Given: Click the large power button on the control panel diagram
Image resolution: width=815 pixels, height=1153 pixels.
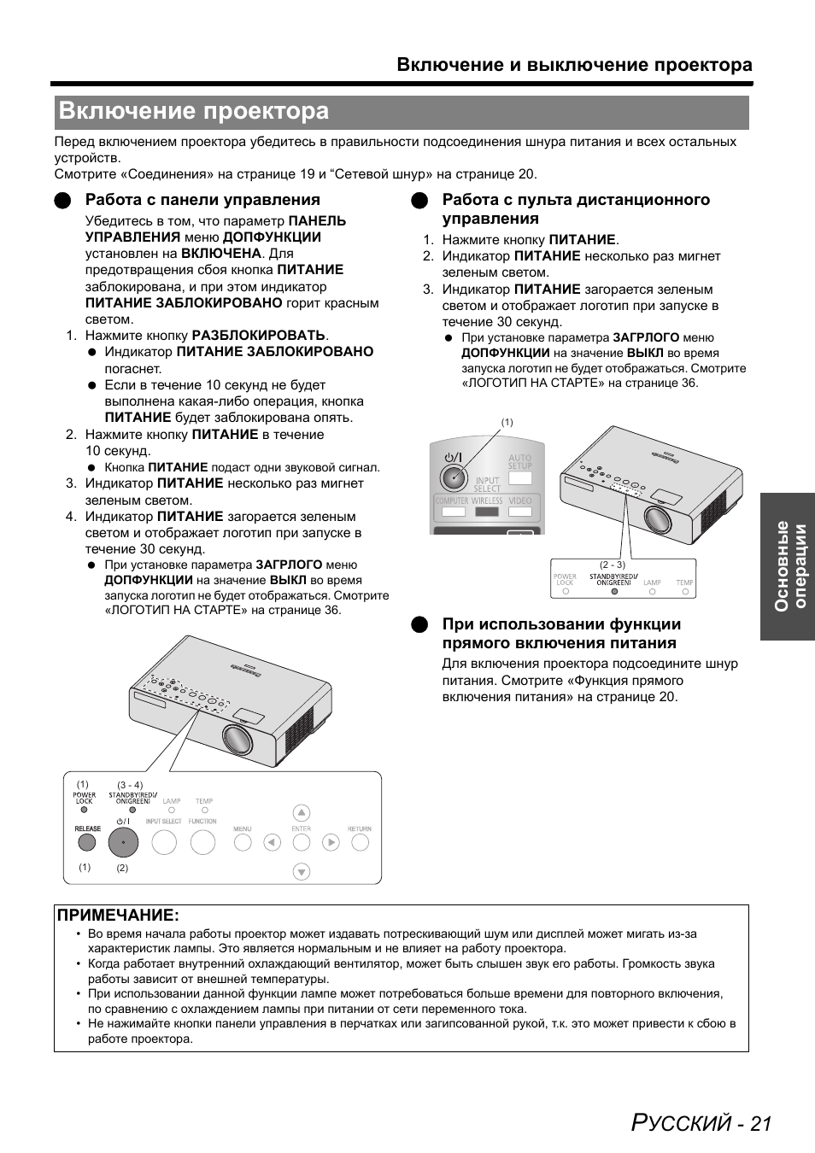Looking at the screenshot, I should (x=123, y=843).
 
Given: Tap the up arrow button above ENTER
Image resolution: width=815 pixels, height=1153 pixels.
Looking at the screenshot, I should (x=301, y=812).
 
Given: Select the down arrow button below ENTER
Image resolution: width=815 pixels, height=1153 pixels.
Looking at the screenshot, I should (x=301, y=872).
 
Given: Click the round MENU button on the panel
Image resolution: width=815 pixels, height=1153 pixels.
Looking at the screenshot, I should (x=243, y=842).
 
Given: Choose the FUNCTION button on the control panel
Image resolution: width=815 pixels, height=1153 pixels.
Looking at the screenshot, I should (x=202, y=842).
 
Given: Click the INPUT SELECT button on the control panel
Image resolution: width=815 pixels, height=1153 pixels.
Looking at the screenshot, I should (x=163, y=842).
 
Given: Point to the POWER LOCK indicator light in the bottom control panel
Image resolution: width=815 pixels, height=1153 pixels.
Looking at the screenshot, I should (x=84, y=810).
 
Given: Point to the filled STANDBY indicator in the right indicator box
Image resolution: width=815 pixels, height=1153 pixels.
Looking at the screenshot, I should (x=614, y=590).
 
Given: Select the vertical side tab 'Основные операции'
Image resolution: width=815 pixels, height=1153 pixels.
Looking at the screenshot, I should (x=788, y=565).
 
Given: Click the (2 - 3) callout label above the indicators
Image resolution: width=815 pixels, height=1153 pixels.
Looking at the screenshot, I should (x=612, y=565).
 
